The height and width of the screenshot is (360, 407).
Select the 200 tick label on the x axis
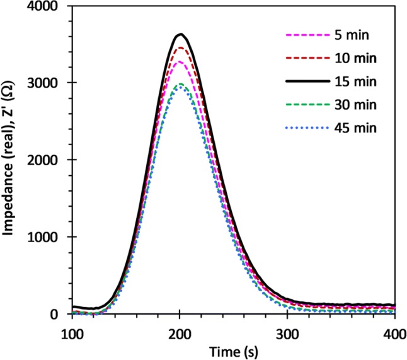[x=180, y=332]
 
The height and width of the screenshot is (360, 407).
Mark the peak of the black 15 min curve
[x=180, y=34]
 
